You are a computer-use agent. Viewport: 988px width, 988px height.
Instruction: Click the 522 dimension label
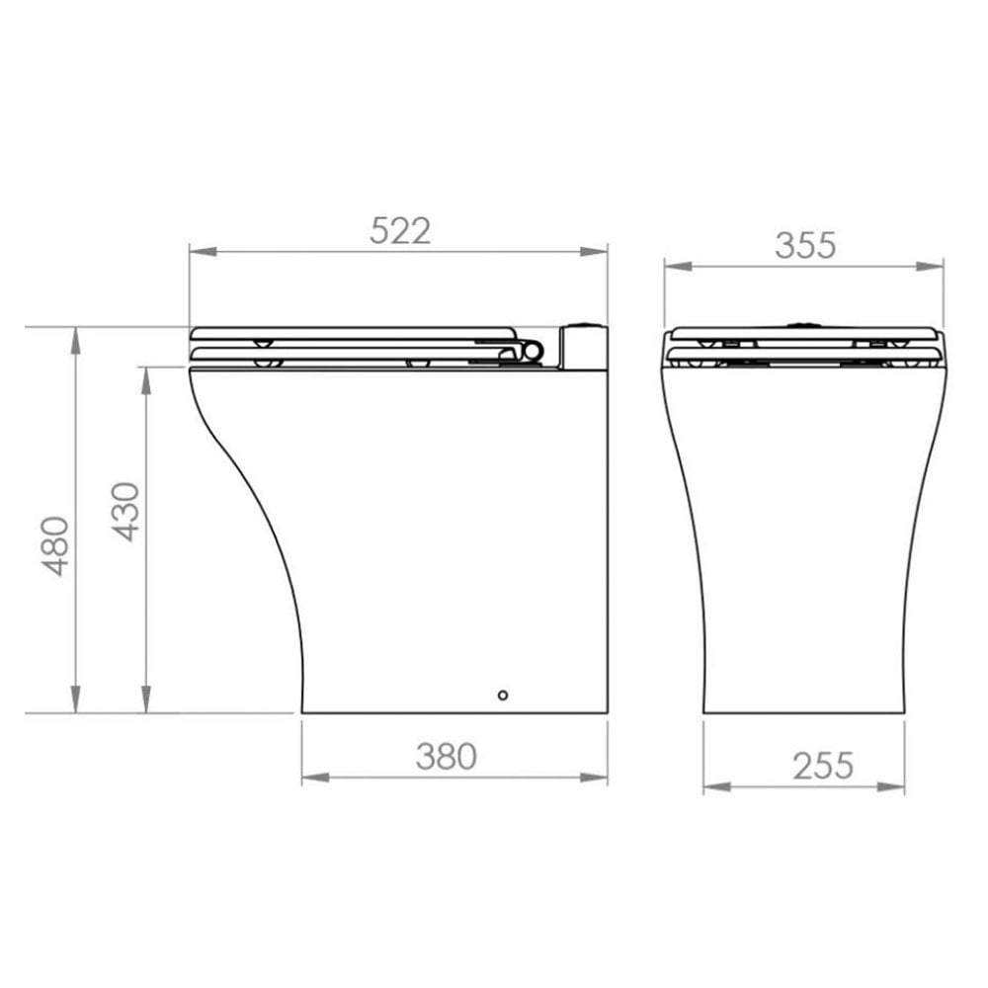400,230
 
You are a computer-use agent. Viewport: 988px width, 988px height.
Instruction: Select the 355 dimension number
805,246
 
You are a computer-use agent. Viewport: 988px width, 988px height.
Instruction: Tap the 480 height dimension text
55,546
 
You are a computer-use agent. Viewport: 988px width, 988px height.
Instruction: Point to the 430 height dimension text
126,512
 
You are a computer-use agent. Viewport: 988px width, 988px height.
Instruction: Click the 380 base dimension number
447,757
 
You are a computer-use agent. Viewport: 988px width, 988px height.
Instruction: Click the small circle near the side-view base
502,695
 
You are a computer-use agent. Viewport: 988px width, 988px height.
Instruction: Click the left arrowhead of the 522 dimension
203,252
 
